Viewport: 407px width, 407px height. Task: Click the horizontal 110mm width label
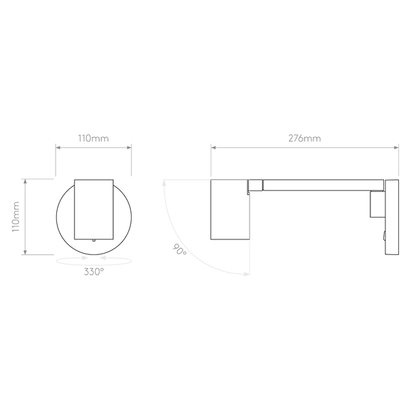click(94, 138)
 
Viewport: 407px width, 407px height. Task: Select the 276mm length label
click(305, 138)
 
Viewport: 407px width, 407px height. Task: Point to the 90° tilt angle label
click(180, 250)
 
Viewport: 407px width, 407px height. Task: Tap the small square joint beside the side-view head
click(257, 185)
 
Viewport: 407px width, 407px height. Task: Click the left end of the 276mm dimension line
click(211, 146)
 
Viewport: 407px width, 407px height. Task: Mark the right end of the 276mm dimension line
click(398, 146)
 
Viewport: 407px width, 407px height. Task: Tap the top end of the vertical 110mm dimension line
click(25, 180)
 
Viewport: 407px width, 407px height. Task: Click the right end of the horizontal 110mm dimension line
click(131, 146)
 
